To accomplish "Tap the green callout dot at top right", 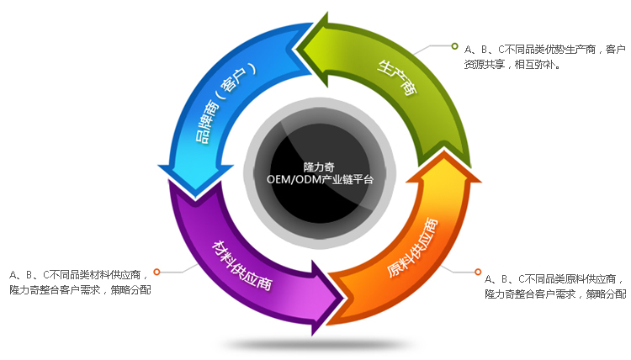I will (455, 45).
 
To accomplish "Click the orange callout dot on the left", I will (157, 273).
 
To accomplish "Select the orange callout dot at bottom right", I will (479, 272).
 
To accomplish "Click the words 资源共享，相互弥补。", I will (512, 64).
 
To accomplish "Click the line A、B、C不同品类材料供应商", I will (80, 274).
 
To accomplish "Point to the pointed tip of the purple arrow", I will (341, 294).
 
